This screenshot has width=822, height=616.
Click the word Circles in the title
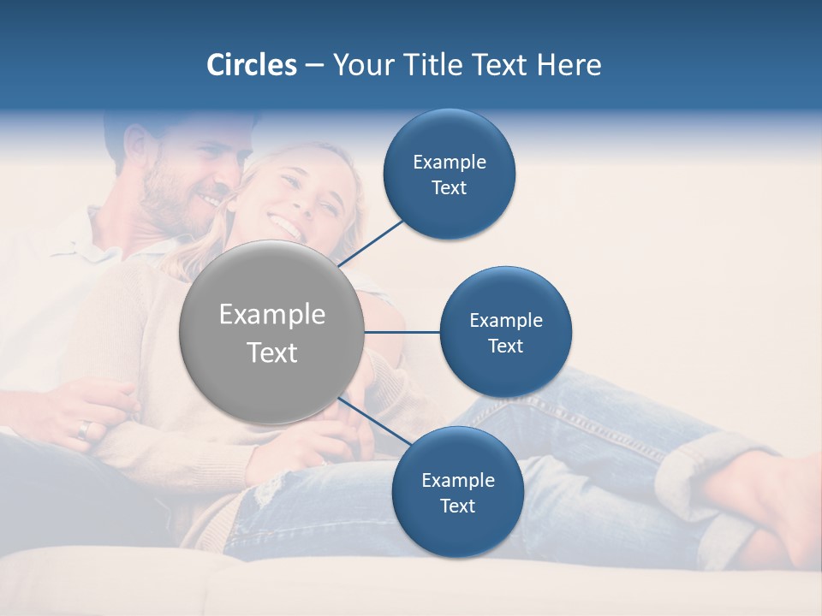(x=251, y=65)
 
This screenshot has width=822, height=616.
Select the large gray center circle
(x=271, y=332)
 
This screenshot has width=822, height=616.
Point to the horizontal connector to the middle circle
(x=402, y=332)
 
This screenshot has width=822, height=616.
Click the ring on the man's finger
(x=82, y=429)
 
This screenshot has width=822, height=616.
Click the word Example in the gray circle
(x=271, y=315)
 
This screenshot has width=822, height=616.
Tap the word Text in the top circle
(x=449, y=188)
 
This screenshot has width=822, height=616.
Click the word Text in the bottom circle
(x=457, y=506)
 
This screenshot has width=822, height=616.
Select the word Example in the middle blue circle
(x=505, y=321)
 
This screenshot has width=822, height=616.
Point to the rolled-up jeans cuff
(x=702, y=466)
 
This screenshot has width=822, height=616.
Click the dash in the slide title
(x=314, y=66)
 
